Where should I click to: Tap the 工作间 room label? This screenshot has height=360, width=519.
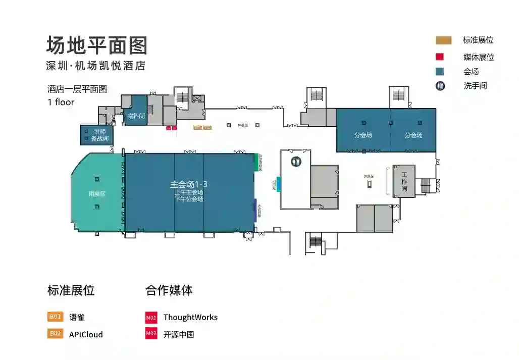click(x=404, y=182)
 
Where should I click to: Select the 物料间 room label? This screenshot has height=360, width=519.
click(x=136, y=116)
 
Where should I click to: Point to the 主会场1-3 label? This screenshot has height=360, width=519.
click(x=189, y=185)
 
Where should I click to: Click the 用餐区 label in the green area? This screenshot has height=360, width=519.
click(x=96, y=193)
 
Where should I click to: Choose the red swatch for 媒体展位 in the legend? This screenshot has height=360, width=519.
click(x=440, y=57)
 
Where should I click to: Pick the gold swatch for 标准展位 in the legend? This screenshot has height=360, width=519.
click(x=443, y=40)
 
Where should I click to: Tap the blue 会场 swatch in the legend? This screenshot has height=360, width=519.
click(x=440, y=72)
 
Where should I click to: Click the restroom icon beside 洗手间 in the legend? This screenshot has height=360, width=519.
click(x=440, y=86)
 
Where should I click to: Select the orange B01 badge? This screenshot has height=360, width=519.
click(x=55, y=317)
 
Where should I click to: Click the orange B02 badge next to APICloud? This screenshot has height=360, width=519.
click(x=55, y=334)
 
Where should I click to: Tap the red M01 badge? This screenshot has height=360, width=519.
click(x=151, y=318)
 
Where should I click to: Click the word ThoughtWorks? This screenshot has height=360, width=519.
click(x=190, y=318)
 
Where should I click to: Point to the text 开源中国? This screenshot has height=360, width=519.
click(x=179, y=334)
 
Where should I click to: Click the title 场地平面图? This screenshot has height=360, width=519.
click(x=97, y=45)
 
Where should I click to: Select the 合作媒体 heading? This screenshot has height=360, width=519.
click(x=169, y=290)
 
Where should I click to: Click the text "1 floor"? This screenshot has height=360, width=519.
click(x=61, y=102)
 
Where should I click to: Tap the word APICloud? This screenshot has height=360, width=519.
click(x=86, y=334)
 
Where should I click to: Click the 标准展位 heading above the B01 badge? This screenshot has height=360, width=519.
click(x=71, y=290)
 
